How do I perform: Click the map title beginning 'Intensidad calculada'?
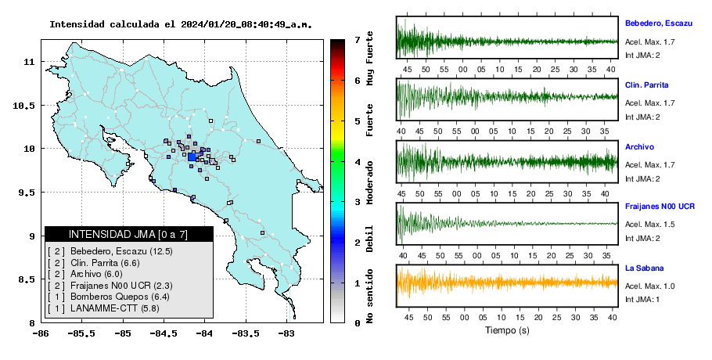[x=181, y=24]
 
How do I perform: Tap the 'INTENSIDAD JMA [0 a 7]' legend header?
[x=128, y=234]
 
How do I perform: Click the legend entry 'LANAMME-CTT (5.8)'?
[x=115, y=308]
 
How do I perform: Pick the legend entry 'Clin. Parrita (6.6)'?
[x=105, y=263]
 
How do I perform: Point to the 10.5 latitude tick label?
[x=24, y=106]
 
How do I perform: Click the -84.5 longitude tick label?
[x=164, y=333]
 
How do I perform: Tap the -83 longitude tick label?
[x=286, y=333]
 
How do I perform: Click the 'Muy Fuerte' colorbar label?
[x=370, y=58]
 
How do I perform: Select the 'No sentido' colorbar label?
[x=370, y=296]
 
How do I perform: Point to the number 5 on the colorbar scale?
[x=358, y=121]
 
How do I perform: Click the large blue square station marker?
[x=192, y=157]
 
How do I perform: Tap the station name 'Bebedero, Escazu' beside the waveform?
[x=659, y=23]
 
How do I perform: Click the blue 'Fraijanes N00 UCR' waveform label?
[x=660, y=207]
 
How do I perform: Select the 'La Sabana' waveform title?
[x=645, y=268]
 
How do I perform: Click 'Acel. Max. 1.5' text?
[x=649, y=225]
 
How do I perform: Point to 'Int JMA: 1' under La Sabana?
[x=642, y=300]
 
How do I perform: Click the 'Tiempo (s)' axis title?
[x=507, y=330]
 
